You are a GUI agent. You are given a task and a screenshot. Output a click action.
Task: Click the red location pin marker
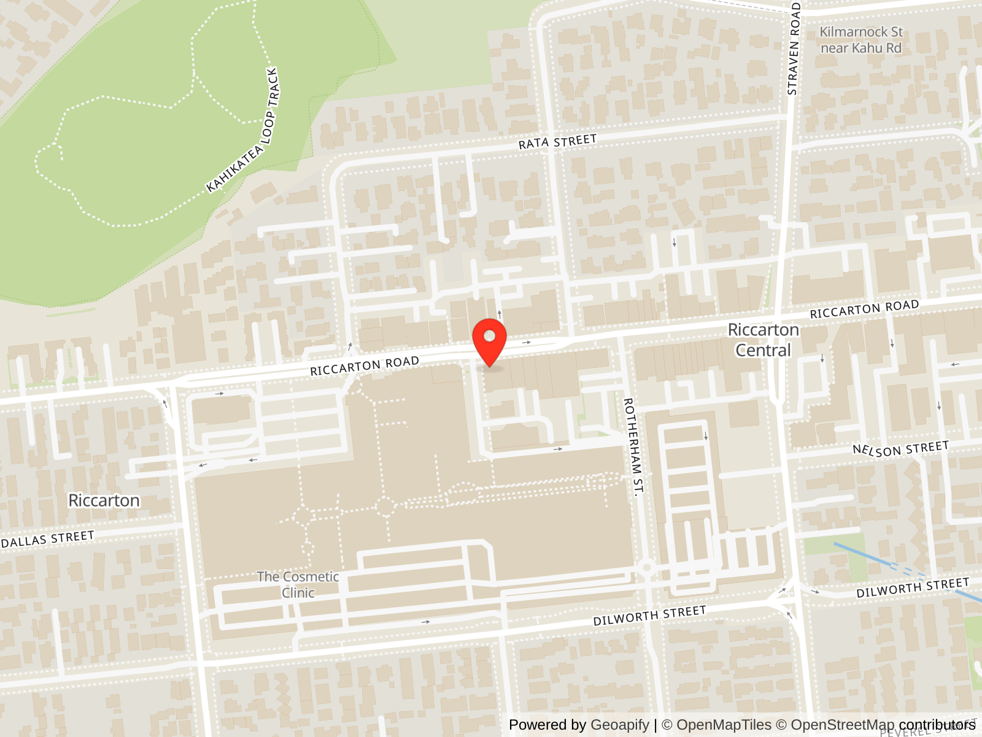coord(489,341)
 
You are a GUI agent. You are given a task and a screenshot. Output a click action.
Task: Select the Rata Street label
coord(557,142)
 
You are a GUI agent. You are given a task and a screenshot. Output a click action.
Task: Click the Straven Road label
coord(793,49)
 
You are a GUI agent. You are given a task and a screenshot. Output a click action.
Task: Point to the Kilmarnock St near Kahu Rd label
coord(861,40)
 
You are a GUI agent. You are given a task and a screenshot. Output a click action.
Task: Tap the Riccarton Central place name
coord(763,340)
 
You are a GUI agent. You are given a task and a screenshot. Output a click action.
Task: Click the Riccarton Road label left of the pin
coord(364,366)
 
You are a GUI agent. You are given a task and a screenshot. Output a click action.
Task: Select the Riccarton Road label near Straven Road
coord(864,310)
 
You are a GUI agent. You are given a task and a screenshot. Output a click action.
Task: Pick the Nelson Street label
coord(900,449)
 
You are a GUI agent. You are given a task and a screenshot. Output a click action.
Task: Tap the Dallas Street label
coord(48,539)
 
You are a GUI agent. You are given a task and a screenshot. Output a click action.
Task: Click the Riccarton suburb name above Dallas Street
coord(104,501)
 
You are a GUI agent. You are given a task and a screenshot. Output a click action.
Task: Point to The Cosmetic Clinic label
coord(298,585)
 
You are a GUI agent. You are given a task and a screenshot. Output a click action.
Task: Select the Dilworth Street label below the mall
coord(649,615)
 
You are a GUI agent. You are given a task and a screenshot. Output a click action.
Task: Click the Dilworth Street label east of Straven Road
coord(913,588)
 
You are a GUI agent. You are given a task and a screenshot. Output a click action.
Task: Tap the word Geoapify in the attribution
coord(619,725)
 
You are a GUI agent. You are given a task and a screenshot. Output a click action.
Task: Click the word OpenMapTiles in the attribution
coord(724,725)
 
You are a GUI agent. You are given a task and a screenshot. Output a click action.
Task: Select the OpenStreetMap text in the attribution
coord(842,725)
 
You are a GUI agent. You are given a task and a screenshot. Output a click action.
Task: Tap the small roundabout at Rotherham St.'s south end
coord(646,567)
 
